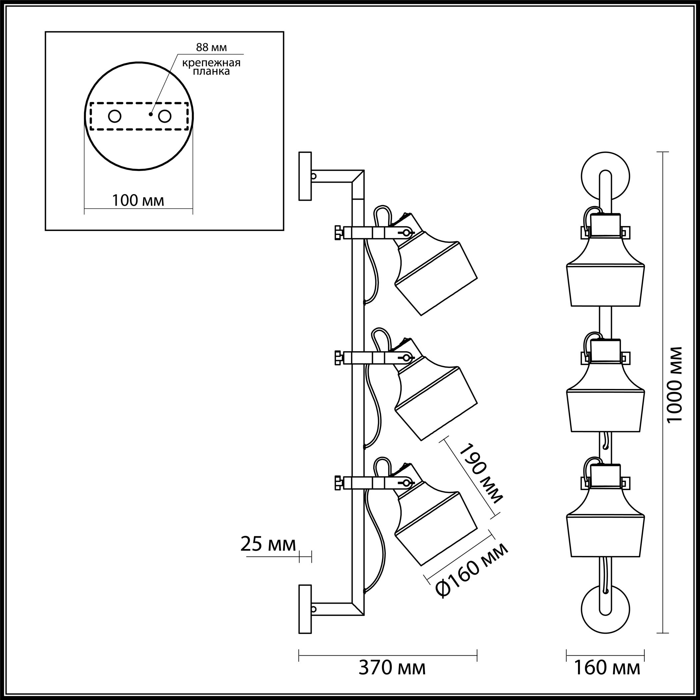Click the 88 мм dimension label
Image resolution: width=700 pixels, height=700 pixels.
click(211, 47)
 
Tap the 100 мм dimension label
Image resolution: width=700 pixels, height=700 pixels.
click(138, 200)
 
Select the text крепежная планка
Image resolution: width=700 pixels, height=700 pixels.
click(211, 67)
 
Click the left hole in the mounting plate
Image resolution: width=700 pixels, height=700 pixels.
click(115, 117)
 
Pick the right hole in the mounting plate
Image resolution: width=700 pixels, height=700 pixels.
click(164, 117)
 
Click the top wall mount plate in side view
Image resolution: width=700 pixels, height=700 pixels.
click(305, 176)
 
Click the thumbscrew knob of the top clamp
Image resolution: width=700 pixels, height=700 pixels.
click(338, 232)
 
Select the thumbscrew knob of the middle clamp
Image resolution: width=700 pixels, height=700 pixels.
click(338, 358)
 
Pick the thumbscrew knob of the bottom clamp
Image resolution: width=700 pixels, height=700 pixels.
click(338, 483)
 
